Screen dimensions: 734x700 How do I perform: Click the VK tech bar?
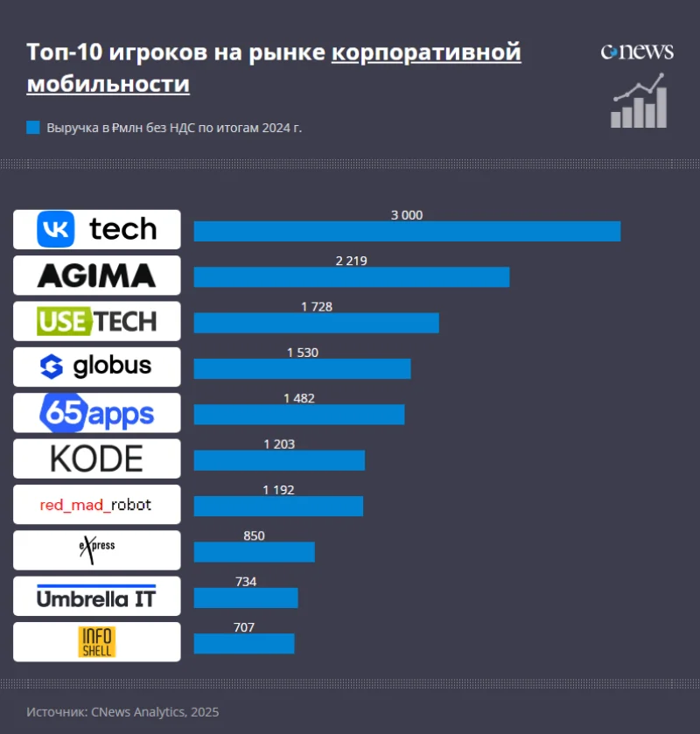pyautogui.click(x=407, y=231)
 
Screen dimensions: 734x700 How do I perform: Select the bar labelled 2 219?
pyautogui.click(x=351, y=276)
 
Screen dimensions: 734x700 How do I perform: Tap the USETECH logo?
pyautogui.click(x=97, y=321)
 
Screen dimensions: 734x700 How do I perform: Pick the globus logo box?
pyautogui.click(x=97, y=367)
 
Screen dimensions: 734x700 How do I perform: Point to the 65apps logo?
pyautogui.click(x=97, y=413)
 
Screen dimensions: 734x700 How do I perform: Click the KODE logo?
pyautogui.click(x=97, y=458)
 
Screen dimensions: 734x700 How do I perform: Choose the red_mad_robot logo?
pyautogui.click(x=97, y=505)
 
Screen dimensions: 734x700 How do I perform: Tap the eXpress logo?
pyautogui.click(x=97, y=549)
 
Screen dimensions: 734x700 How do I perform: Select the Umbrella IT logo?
pyautogui.click(x=97, y=596)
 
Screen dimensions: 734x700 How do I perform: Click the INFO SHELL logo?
pyautogui.click(x=97, y=642)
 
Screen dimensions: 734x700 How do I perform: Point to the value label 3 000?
pyautogui.click(x=407, y=214)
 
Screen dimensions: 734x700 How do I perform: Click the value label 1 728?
pyautogui.click(x=317, y=306)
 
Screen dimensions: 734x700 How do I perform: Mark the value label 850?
pyautogui.click(x=254, y=535)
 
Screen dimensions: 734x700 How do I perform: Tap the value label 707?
pyautogui.click(x=245, y=627)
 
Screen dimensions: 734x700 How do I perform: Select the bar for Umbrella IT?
pyautogui.click(x=246, y=598)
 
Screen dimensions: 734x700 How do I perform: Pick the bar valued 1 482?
pyautogui.click(x=299, y=414)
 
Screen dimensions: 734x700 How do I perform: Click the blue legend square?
pyautogui.click(x=33, y=128)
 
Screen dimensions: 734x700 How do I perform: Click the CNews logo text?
pyautogui.click(x=637, y=52)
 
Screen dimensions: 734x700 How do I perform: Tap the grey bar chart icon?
pyautogui.click(x=640, y=104)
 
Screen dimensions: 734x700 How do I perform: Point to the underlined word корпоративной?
pyautogui.click(x=426, y=52)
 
